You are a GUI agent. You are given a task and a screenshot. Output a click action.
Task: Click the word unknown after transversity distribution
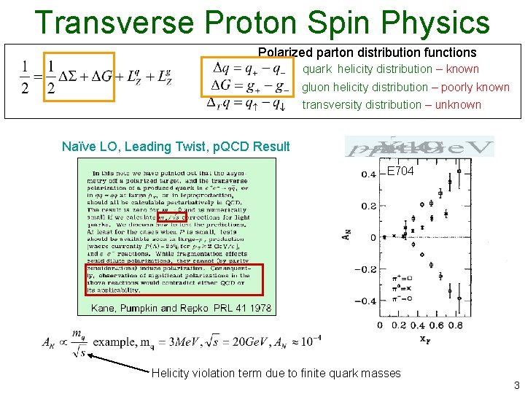click(x=458, y=104)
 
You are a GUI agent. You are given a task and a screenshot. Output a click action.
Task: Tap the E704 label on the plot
click(x=401, y=171)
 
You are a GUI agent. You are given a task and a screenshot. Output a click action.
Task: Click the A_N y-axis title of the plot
click(x=346, y=236)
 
